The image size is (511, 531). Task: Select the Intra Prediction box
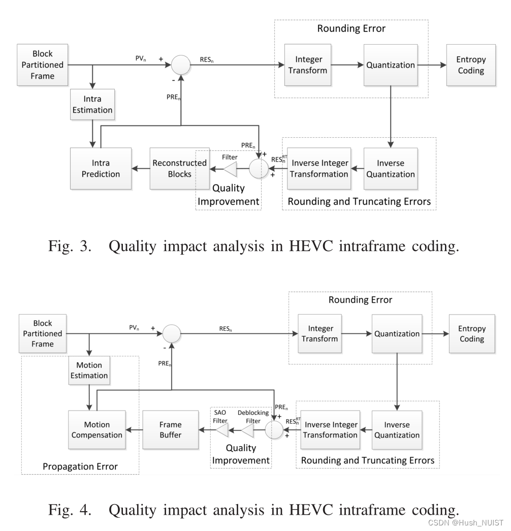pyautogui.click(x=100, y=168)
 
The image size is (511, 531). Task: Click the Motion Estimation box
pyautogui.click(x=89, y=370)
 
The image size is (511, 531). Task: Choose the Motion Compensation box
pyautogui.click(x=97, y=429)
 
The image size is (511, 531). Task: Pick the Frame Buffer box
pyautogui.click(x=170, y=429)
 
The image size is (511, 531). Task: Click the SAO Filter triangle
pyautogui.click(x=221, y=430)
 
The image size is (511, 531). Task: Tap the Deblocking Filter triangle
pyautogui.click(x=247, y=430)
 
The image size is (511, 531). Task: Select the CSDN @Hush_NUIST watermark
pyautogui.click(x=465, y=522)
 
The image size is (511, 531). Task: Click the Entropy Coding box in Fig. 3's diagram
pyautogui.click(x=471, y=65)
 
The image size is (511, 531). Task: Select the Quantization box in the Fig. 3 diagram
pyautogui.click(x=390, y=65)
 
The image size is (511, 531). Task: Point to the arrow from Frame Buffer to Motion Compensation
pyautogui.click(x=134, y=430)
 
